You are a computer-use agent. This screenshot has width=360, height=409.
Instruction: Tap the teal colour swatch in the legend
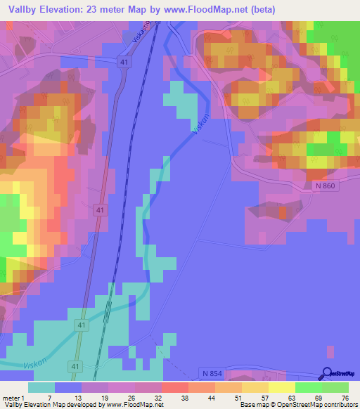point(41,387)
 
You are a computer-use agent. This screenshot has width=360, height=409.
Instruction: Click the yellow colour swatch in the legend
point(281,387)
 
